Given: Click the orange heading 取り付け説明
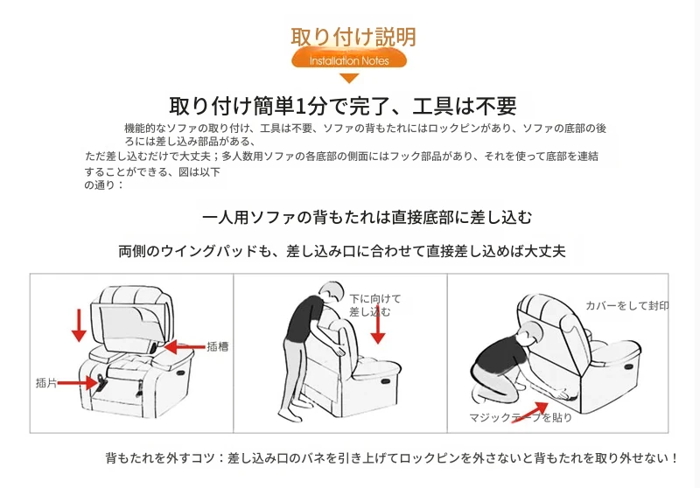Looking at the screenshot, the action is coord(353,37).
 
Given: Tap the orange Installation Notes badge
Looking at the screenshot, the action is coord(349,60).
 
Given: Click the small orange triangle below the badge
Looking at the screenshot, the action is coord(349,79).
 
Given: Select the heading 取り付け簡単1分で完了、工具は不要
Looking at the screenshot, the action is coord(343,106).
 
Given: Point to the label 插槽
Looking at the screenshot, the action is coord(217,346).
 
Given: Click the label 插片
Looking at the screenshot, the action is coord(46,383).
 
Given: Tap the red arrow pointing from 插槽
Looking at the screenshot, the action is coord(185,346).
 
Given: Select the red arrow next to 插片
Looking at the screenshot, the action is coord(78,383).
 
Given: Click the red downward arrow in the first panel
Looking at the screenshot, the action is coord(79,325).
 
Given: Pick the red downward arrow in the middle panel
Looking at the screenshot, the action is coord(378,324).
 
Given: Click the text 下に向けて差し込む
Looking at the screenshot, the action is coord(374,305).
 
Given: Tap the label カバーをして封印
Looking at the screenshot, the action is coord(626,305).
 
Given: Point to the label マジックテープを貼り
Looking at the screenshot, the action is coord(520,417).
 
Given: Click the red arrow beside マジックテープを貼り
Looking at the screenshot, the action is coord(530,412).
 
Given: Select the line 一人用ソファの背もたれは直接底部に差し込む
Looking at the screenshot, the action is coord(367,217).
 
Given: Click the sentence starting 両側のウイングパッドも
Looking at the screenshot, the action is coord(342,251).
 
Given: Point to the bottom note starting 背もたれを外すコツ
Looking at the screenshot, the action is coord(391,458).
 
